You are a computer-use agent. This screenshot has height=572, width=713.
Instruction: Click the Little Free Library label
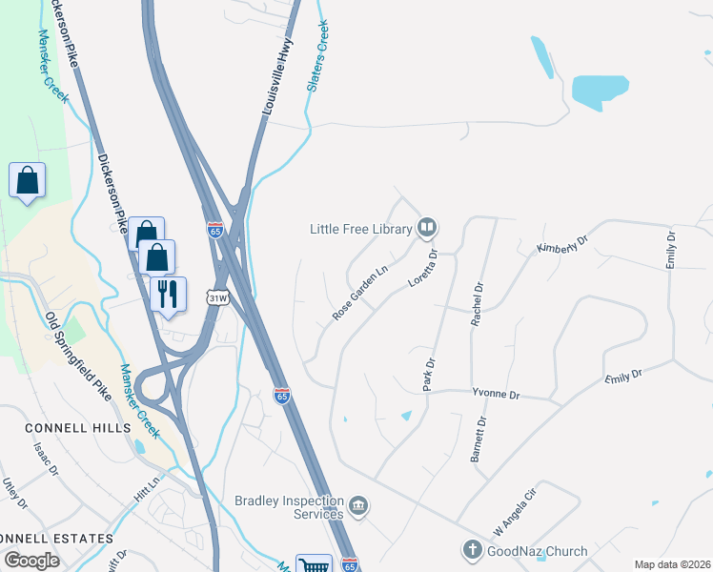[360, 229]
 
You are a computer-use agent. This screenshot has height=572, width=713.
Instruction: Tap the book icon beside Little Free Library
[428, 228]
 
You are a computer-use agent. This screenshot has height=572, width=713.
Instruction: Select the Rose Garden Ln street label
[360, 293]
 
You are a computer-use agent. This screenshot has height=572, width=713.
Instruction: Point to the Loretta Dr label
[422, 269]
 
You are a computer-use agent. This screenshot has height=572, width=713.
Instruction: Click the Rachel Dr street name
[478, 304]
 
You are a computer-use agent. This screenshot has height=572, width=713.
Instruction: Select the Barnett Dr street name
[479, 439]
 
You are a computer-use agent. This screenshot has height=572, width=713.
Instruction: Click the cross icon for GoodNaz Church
[471, 550]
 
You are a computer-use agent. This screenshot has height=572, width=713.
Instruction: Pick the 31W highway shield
[219, 297]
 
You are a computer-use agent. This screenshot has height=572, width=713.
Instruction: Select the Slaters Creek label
[317, 56]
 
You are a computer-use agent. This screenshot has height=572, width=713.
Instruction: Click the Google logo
[32, 560]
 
